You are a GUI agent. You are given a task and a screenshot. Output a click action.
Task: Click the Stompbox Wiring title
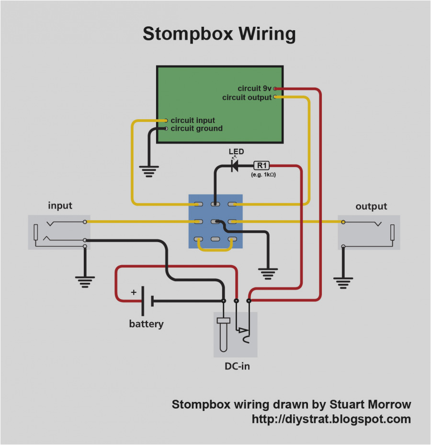tap(219, 34)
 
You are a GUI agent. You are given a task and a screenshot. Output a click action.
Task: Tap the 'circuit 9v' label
tap(254, 89)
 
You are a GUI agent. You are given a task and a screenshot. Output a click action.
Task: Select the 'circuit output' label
tap(247, 98)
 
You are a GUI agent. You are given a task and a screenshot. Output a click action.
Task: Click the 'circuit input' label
tap(193, 120)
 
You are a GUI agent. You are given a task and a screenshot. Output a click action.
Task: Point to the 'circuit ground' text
tap(196, 128)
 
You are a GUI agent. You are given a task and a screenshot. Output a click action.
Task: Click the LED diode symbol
tap(235, 166)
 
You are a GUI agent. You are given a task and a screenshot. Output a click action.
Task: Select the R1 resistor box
tap(261, 166)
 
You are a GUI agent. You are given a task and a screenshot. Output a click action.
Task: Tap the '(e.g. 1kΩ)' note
tap(263, 175)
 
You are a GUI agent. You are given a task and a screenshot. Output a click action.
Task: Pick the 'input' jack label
tap(60, 206)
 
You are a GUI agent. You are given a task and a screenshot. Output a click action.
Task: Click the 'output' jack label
tap(371, 206)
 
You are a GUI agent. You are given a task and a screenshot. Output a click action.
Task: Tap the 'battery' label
tap(146, 324)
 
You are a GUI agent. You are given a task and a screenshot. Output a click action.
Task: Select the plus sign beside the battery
tap(134, 291)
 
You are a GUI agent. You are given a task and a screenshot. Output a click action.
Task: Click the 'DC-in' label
tap(237, 367)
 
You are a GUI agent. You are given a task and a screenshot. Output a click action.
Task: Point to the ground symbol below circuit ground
tap(148, 171)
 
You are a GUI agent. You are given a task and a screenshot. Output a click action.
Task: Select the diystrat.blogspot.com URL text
tap(331, 419)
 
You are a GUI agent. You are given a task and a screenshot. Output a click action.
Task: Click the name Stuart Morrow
tap(370, 404)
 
